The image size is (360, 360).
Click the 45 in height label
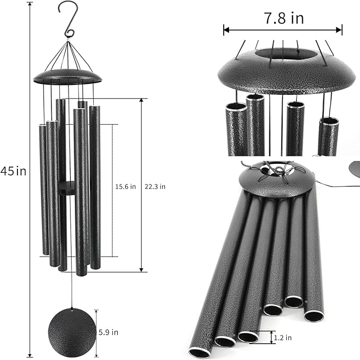(13, 171)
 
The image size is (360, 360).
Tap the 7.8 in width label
(284, 19)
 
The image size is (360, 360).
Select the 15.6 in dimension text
(126, 187)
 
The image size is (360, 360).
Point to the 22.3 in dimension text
(155, 187)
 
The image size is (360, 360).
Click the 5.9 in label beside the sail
(108, 332)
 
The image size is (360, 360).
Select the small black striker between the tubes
(67, 187)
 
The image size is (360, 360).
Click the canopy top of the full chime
(67, 77)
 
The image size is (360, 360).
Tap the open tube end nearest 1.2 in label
(248, 336)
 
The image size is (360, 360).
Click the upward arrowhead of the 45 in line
(30, 6)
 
